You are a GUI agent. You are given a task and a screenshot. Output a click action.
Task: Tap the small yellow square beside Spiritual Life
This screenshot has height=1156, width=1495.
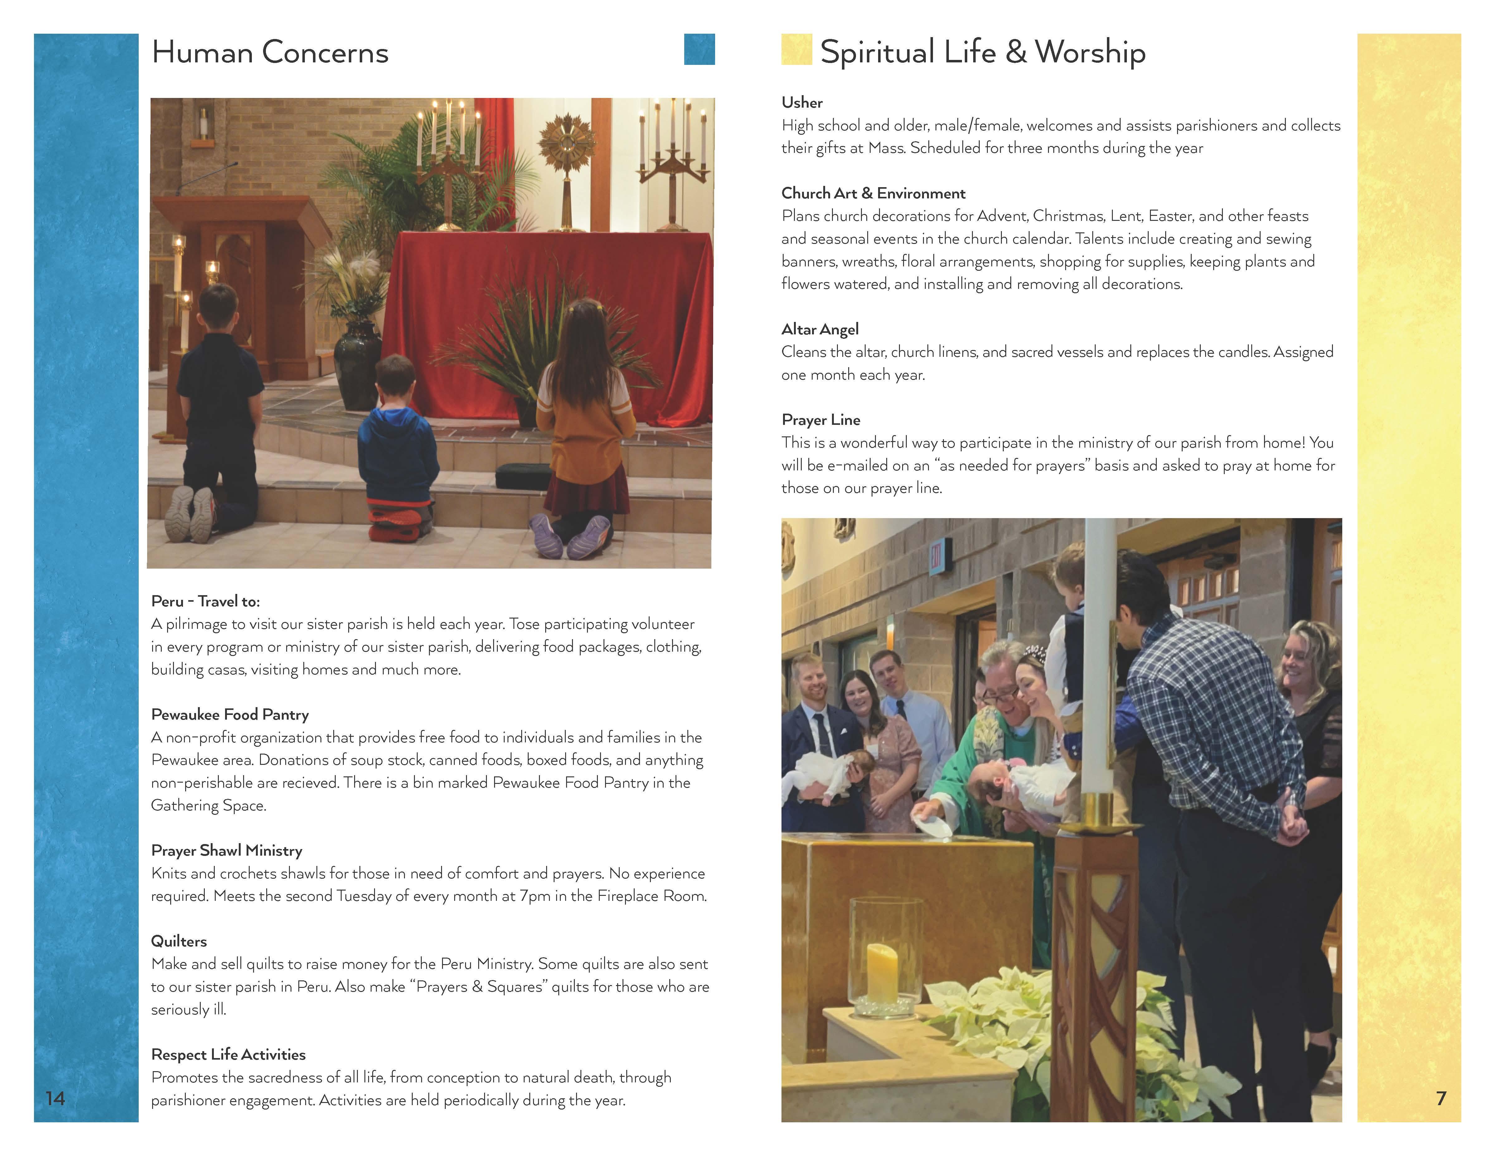(796, 49)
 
